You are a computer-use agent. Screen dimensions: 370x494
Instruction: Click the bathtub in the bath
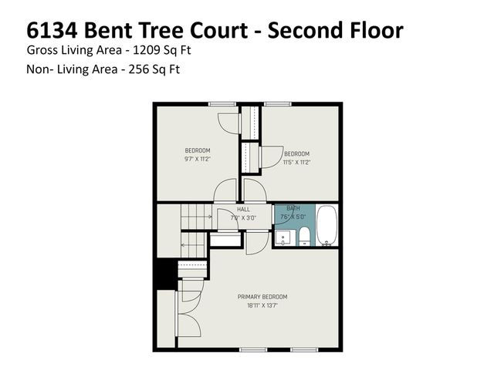tap(328, 226)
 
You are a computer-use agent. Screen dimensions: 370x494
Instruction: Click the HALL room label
tap(243, 209)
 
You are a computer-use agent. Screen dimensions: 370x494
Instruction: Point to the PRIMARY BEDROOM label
tap(262, 297)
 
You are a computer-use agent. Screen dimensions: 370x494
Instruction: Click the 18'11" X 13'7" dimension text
tap(262, 305)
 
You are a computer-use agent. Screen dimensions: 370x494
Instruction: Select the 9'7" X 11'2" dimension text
tap(198, 159)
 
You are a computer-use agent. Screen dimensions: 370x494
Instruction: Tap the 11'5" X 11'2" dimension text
tap(296, 162)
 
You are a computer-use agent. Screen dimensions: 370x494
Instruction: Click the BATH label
tap(293, 209)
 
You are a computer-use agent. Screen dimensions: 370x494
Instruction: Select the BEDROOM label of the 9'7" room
tap(198, 150)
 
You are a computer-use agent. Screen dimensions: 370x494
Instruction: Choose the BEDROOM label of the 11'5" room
tap(296, 153)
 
